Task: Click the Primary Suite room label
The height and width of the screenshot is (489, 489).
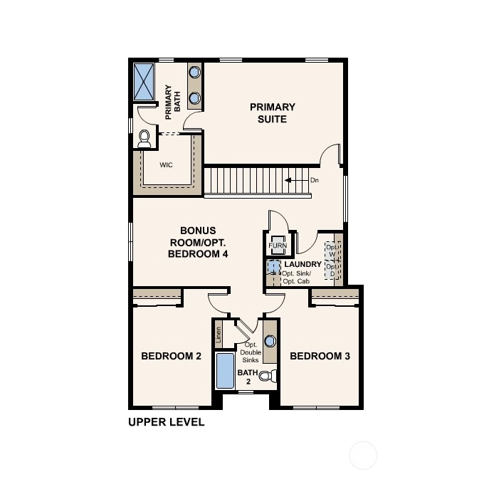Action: click(x=272, y=113)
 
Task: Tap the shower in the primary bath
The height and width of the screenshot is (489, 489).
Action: click(x=144, y=82)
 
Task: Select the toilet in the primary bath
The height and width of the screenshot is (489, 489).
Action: click(x=144, y=139)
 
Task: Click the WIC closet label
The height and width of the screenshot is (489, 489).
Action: click(x=166, y=164)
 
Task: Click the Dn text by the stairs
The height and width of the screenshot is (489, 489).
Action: click(x=315, y=180)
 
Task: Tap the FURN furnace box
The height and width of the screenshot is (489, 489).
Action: click(x=278, y=245)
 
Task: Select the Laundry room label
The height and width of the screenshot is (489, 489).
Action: click(x=303, y=264)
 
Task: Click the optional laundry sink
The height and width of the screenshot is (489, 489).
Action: click(x=273, y=267)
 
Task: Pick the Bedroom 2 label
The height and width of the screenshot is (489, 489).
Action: click(x=172, y=356)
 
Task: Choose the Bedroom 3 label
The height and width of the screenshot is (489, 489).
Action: click(x=320, y=356)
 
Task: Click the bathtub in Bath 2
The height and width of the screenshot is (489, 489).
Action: click(x=225, y=371)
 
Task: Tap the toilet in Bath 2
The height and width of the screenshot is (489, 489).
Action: click(x=268, y=376)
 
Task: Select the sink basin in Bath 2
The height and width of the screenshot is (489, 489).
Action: click(x=270, y=341)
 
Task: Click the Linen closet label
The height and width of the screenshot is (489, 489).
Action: click(x=219, y=335)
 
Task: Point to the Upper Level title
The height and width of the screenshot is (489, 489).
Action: click(x=167, y=422)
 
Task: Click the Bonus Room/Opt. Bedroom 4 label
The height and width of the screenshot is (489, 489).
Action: click(x=198, y=242)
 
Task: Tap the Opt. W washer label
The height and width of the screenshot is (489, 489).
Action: click(x=332, y=251)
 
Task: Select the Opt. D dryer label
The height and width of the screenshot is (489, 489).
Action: click(x=332, y=270)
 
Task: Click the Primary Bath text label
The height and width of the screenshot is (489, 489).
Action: click(x=173, y=102)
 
